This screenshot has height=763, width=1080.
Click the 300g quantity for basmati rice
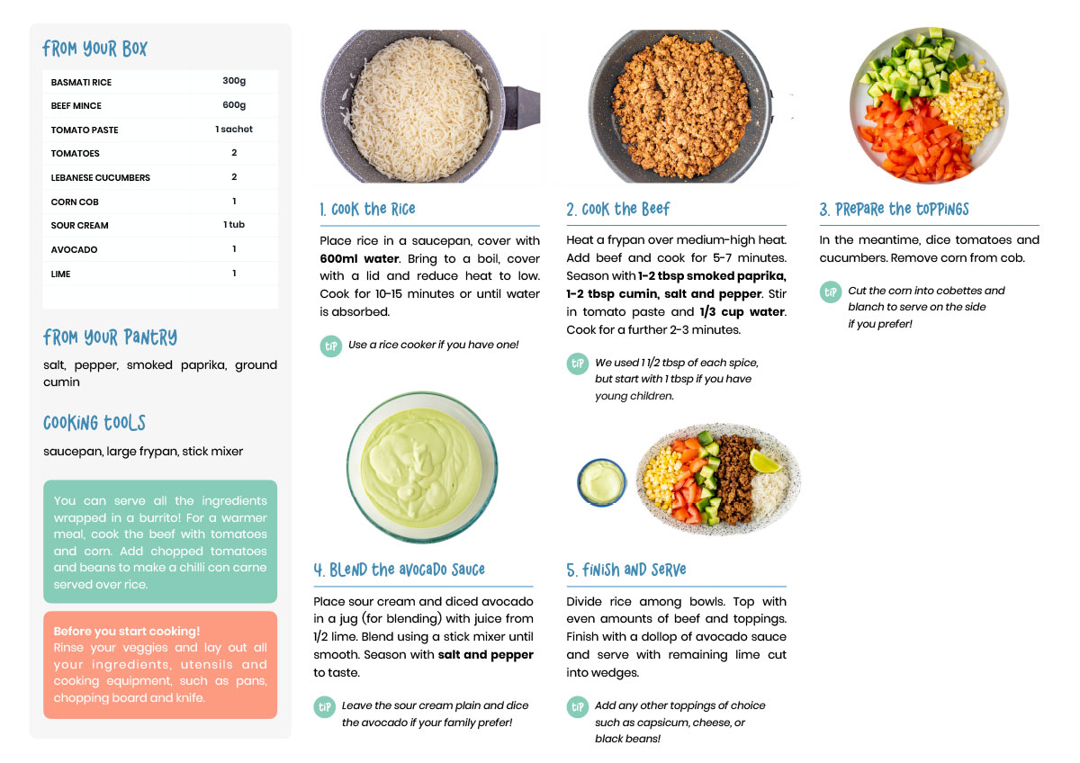[x=234, y=80]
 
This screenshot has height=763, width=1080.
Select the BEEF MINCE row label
[x=76, y=105]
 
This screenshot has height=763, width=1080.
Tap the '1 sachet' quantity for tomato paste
[x=234, y=129]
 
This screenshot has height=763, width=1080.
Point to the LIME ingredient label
[x=61, y=274]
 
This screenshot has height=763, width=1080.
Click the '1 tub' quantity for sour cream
[x=234, y=224]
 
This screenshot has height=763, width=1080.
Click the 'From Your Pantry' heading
[x=111, y=337]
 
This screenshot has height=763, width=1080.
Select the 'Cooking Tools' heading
[x=94, y=423]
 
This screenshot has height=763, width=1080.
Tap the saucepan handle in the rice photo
[x=522, y=107]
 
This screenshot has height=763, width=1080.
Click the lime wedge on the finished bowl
[x=764, y=462]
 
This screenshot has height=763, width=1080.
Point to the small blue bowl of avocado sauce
[x=602, y=482]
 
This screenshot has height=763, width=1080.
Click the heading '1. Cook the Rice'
[x=367, y=209]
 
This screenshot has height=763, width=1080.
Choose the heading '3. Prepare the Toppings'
[x=894, y=209]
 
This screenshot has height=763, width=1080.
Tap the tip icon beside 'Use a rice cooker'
[x=331, y=346]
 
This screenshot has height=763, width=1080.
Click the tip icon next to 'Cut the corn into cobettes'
[x=830, y=292]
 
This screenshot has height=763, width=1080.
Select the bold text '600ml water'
[x=359, y=258]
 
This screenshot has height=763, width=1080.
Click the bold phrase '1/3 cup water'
[x=742, y=312]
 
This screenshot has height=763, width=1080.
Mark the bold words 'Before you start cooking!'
[x=126, y=631]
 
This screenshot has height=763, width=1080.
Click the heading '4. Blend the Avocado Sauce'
[x=400, y=570]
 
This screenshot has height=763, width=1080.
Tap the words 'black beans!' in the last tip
[x=627, y=739]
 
